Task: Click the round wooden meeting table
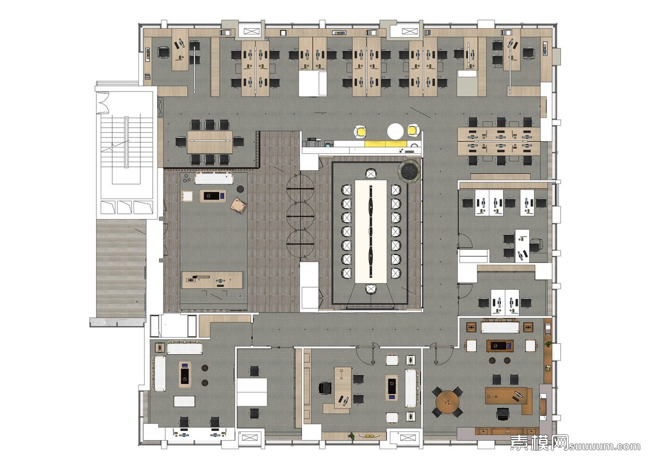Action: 448,402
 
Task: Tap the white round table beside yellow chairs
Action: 396,131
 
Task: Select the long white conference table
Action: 371,232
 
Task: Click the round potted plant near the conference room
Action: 410,171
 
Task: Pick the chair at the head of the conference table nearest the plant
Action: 371,174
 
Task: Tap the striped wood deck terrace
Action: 121,268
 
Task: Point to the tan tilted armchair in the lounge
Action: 239,205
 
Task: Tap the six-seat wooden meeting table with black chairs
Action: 210,142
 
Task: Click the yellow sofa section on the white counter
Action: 387,144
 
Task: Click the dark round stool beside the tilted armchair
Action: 241,189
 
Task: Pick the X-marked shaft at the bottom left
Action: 247,437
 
